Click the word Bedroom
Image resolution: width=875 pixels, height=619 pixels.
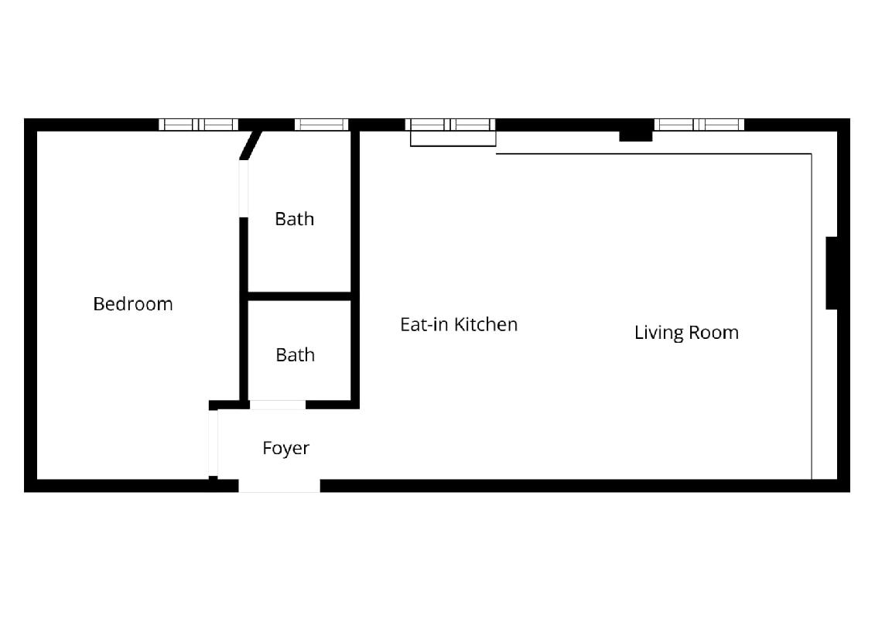click(133, 303)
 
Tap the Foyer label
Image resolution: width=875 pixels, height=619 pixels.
click(285, 448)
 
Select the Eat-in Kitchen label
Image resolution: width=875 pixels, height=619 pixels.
click(459, 324)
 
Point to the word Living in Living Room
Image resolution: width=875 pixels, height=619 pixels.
click(659, 333)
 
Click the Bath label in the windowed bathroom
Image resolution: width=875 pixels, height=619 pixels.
click(295, 219)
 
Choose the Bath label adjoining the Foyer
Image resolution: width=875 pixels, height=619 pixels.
click(296, 355)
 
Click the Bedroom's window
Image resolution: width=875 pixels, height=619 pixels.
click(199, 125)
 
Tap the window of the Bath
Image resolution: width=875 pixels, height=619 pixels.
click(321, 125)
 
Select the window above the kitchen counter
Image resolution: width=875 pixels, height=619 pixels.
click(450, 125)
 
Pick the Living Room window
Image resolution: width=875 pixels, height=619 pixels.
click(699, 125)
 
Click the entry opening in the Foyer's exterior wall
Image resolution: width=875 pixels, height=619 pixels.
click(279, 486)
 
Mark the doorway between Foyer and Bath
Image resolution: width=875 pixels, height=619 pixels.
click(278, 405)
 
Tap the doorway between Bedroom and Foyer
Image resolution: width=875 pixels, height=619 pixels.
click(214, 443)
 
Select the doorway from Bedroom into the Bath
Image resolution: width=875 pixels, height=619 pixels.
click(243, 189)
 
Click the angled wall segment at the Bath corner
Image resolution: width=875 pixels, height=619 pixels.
click(251, 145)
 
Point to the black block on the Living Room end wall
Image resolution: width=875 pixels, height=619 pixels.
click(832, 273)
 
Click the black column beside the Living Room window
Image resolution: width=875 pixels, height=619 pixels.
click(636, 135)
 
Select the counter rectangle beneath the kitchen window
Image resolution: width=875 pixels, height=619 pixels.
click(453, 139)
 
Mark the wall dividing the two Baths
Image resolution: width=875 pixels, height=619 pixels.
click(299, 296)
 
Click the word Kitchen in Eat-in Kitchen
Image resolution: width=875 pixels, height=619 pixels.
click(486, 324)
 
